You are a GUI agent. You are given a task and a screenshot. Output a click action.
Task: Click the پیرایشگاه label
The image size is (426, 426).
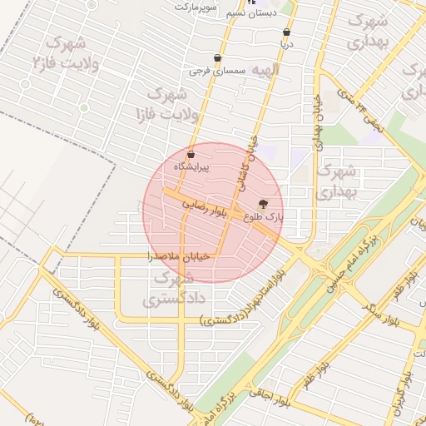(x=191, y=167)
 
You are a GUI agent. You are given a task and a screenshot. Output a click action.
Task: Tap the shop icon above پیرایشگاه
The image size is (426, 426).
(x=191, y=155)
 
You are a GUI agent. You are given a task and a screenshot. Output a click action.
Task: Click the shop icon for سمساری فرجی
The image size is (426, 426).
(x=218, y=58)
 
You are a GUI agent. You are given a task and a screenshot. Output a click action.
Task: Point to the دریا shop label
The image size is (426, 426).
(x=286, y=45)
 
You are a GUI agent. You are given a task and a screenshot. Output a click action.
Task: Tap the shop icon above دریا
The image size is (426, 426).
(x=286, y=32)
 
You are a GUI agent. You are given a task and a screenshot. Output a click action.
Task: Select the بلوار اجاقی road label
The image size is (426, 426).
(x=267, y=396)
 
